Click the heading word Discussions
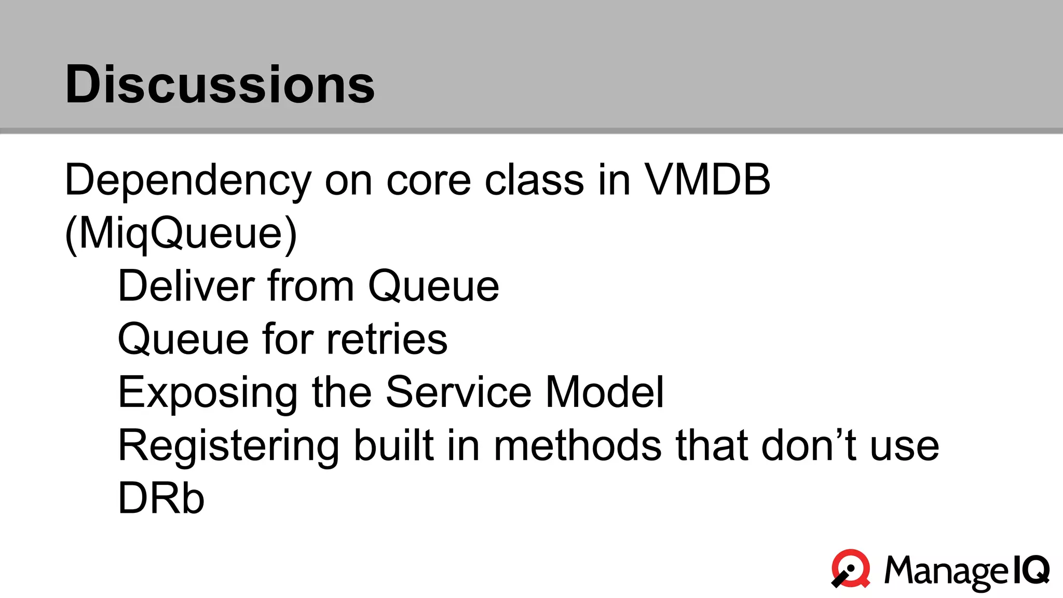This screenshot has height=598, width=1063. [220, 84]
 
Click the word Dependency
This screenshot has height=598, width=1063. [187, 181]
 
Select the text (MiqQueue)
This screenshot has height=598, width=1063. [181, 234]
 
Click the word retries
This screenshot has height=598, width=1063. [387, 339]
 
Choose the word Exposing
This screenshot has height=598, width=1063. [208, 393]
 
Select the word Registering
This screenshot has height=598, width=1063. [228, 446]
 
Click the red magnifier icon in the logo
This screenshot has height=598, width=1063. [851, 569]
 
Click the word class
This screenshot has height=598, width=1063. [534, 181]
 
